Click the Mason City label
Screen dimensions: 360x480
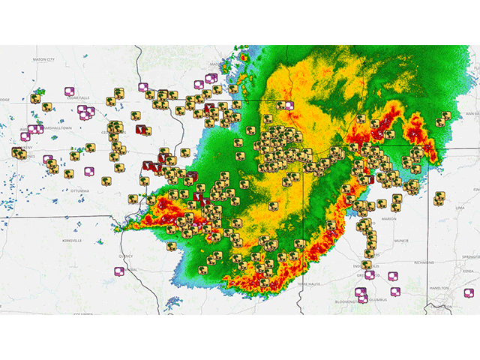44,58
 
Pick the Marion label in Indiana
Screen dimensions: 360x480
388,220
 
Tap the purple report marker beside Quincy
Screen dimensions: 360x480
118,271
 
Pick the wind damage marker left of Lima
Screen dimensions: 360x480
439,198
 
